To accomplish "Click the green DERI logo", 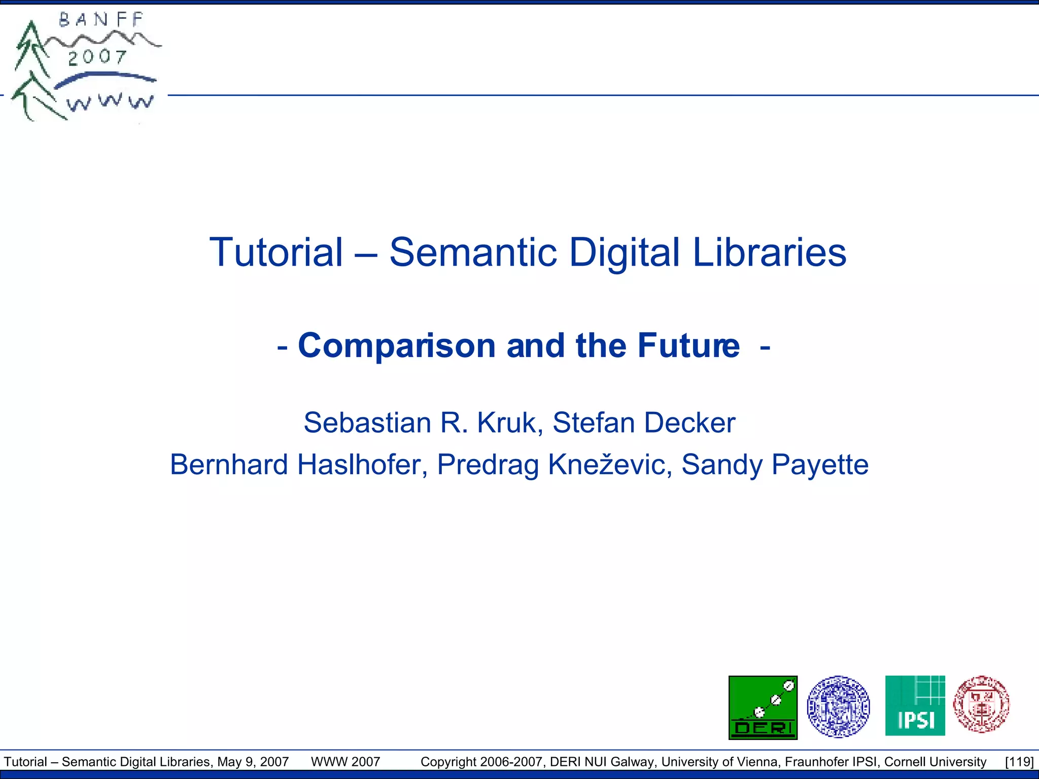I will (763, 707).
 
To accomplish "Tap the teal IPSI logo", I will (915, 705).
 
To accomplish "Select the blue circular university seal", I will (838, 706).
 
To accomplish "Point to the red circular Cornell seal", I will (981, 704).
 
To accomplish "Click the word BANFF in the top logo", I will (101, 20).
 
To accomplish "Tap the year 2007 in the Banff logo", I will (97, 57).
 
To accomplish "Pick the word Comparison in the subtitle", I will (396, 346).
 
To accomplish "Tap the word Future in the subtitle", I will (688, 346).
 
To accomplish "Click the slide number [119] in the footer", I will (1019, 762).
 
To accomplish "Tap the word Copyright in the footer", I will (448, 762).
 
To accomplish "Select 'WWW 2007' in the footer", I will (345, 762).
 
